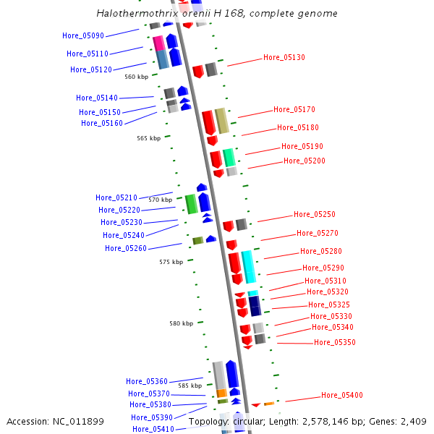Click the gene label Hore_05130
[284, 57]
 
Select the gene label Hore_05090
[83, 35]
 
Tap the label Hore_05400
[342, 395]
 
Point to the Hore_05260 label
[126, 248]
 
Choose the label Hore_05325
[329, 305]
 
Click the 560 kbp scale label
[136, 77]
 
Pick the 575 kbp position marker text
[171, 262]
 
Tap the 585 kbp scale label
[190, 386]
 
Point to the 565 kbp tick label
[148, 138]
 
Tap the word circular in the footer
[250, 422]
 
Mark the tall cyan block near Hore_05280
[249, 267]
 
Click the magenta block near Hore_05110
[158, 43]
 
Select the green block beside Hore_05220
[191, 204]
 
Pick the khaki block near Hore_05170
[222, 121]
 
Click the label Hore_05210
[116, 197]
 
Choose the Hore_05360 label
[147, 381]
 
